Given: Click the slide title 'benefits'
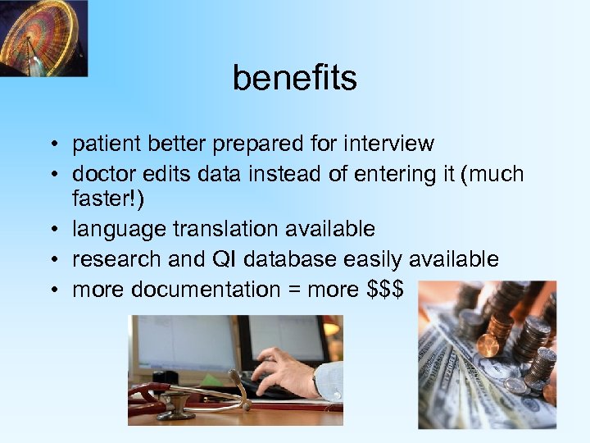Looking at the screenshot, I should (x=294, y=78).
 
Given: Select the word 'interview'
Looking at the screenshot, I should (x=390, y=144).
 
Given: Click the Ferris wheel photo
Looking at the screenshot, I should (x=43, y=38).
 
